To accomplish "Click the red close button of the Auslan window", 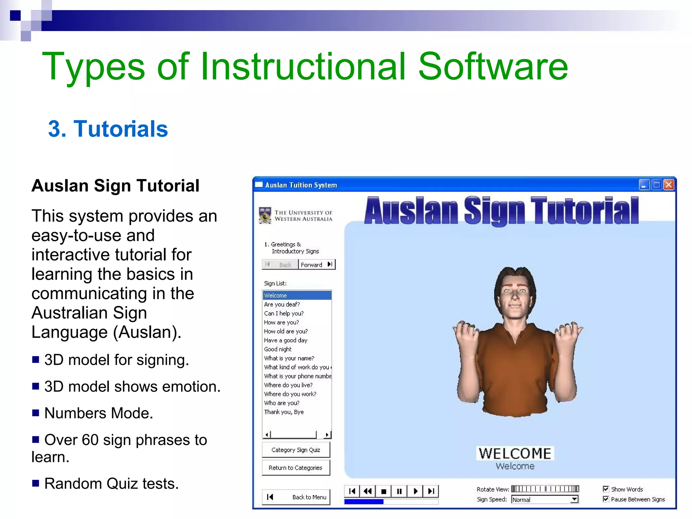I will coord(669,185).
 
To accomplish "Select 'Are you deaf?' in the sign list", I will coord(282,304).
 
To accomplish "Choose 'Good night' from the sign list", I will coord(278,349).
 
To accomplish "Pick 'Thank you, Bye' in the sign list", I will coord(284,412).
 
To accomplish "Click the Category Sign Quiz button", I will coord(296,450).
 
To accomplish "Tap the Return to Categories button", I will coord(296,468).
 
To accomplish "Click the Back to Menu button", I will coord(296,497).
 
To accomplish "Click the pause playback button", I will coord(399,491).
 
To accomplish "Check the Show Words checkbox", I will coord(606,489).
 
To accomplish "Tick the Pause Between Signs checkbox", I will coord(606,499).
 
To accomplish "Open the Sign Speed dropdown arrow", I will coord(574,499).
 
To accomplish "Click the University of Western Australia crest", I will coord(265,215).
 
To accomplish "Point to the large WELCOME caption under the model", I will coord(515,453).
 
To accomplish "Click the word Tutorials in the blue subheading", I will coord(121,129).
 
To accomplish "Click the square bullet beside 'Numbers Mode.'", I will coord(35,413).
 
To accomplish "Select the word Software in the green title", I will coord(493,67).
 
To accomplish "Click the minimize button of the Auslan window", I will coord(644,185).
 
